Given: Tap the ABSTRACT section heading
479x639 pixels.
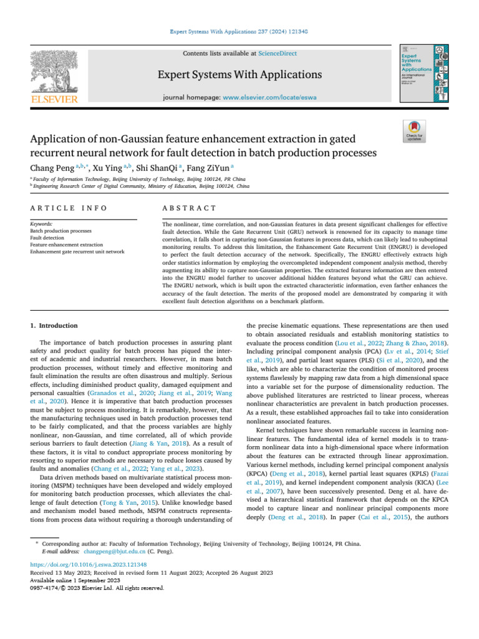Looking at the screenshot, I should point(180,208).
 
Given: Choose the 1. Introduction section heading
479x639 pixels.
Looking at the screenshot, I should point(54,325).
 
